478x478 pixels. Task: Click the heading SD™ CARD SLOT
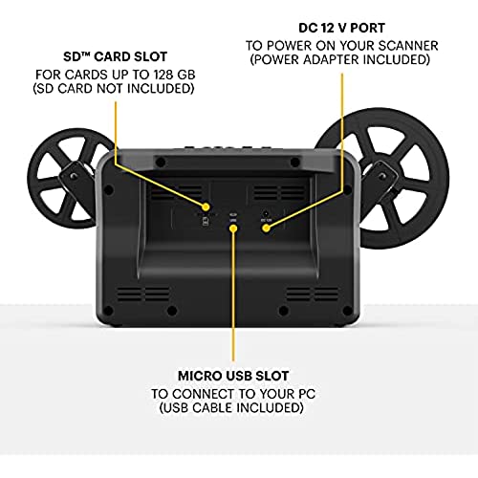[x=116, y=56]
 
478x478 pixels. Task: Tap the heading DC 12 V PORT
[x=342, y=28]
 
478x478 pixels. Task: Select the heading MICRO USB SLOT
[x=233, y=376]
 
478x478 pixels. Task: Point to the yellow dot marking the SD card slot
[x=206, y=207]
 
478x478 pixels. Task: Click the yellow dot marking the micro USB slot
[x=233, y=228]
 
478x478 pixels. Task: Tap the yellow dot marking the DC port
[x=267, y=228]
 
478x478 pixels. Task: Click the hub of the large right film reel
[x=380, y=176]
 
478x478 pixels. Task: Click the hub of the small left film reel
[x=74, y=176]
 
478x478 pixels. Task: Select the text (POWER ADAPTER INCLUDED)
[x=340, y=59]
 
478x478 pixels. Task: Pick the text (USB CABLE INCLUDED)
[x=231, y=408]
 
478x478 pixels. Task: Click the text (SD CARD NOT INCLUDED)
[x=114, y=89]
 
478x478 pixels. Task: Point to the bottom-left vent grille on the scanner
[x=142, y=294]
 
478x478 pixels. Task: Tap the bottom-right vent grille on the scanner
[x=313, y=294]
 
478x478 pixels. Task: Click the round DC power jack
[x=265, y=213]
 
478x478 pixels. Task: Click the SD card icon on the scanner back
[x=206, y=221]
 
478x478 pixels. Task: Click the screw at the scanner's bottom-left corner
[x=108, y=311]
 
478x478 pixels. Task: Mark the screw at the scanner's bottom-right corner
[x=348, y=310]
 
